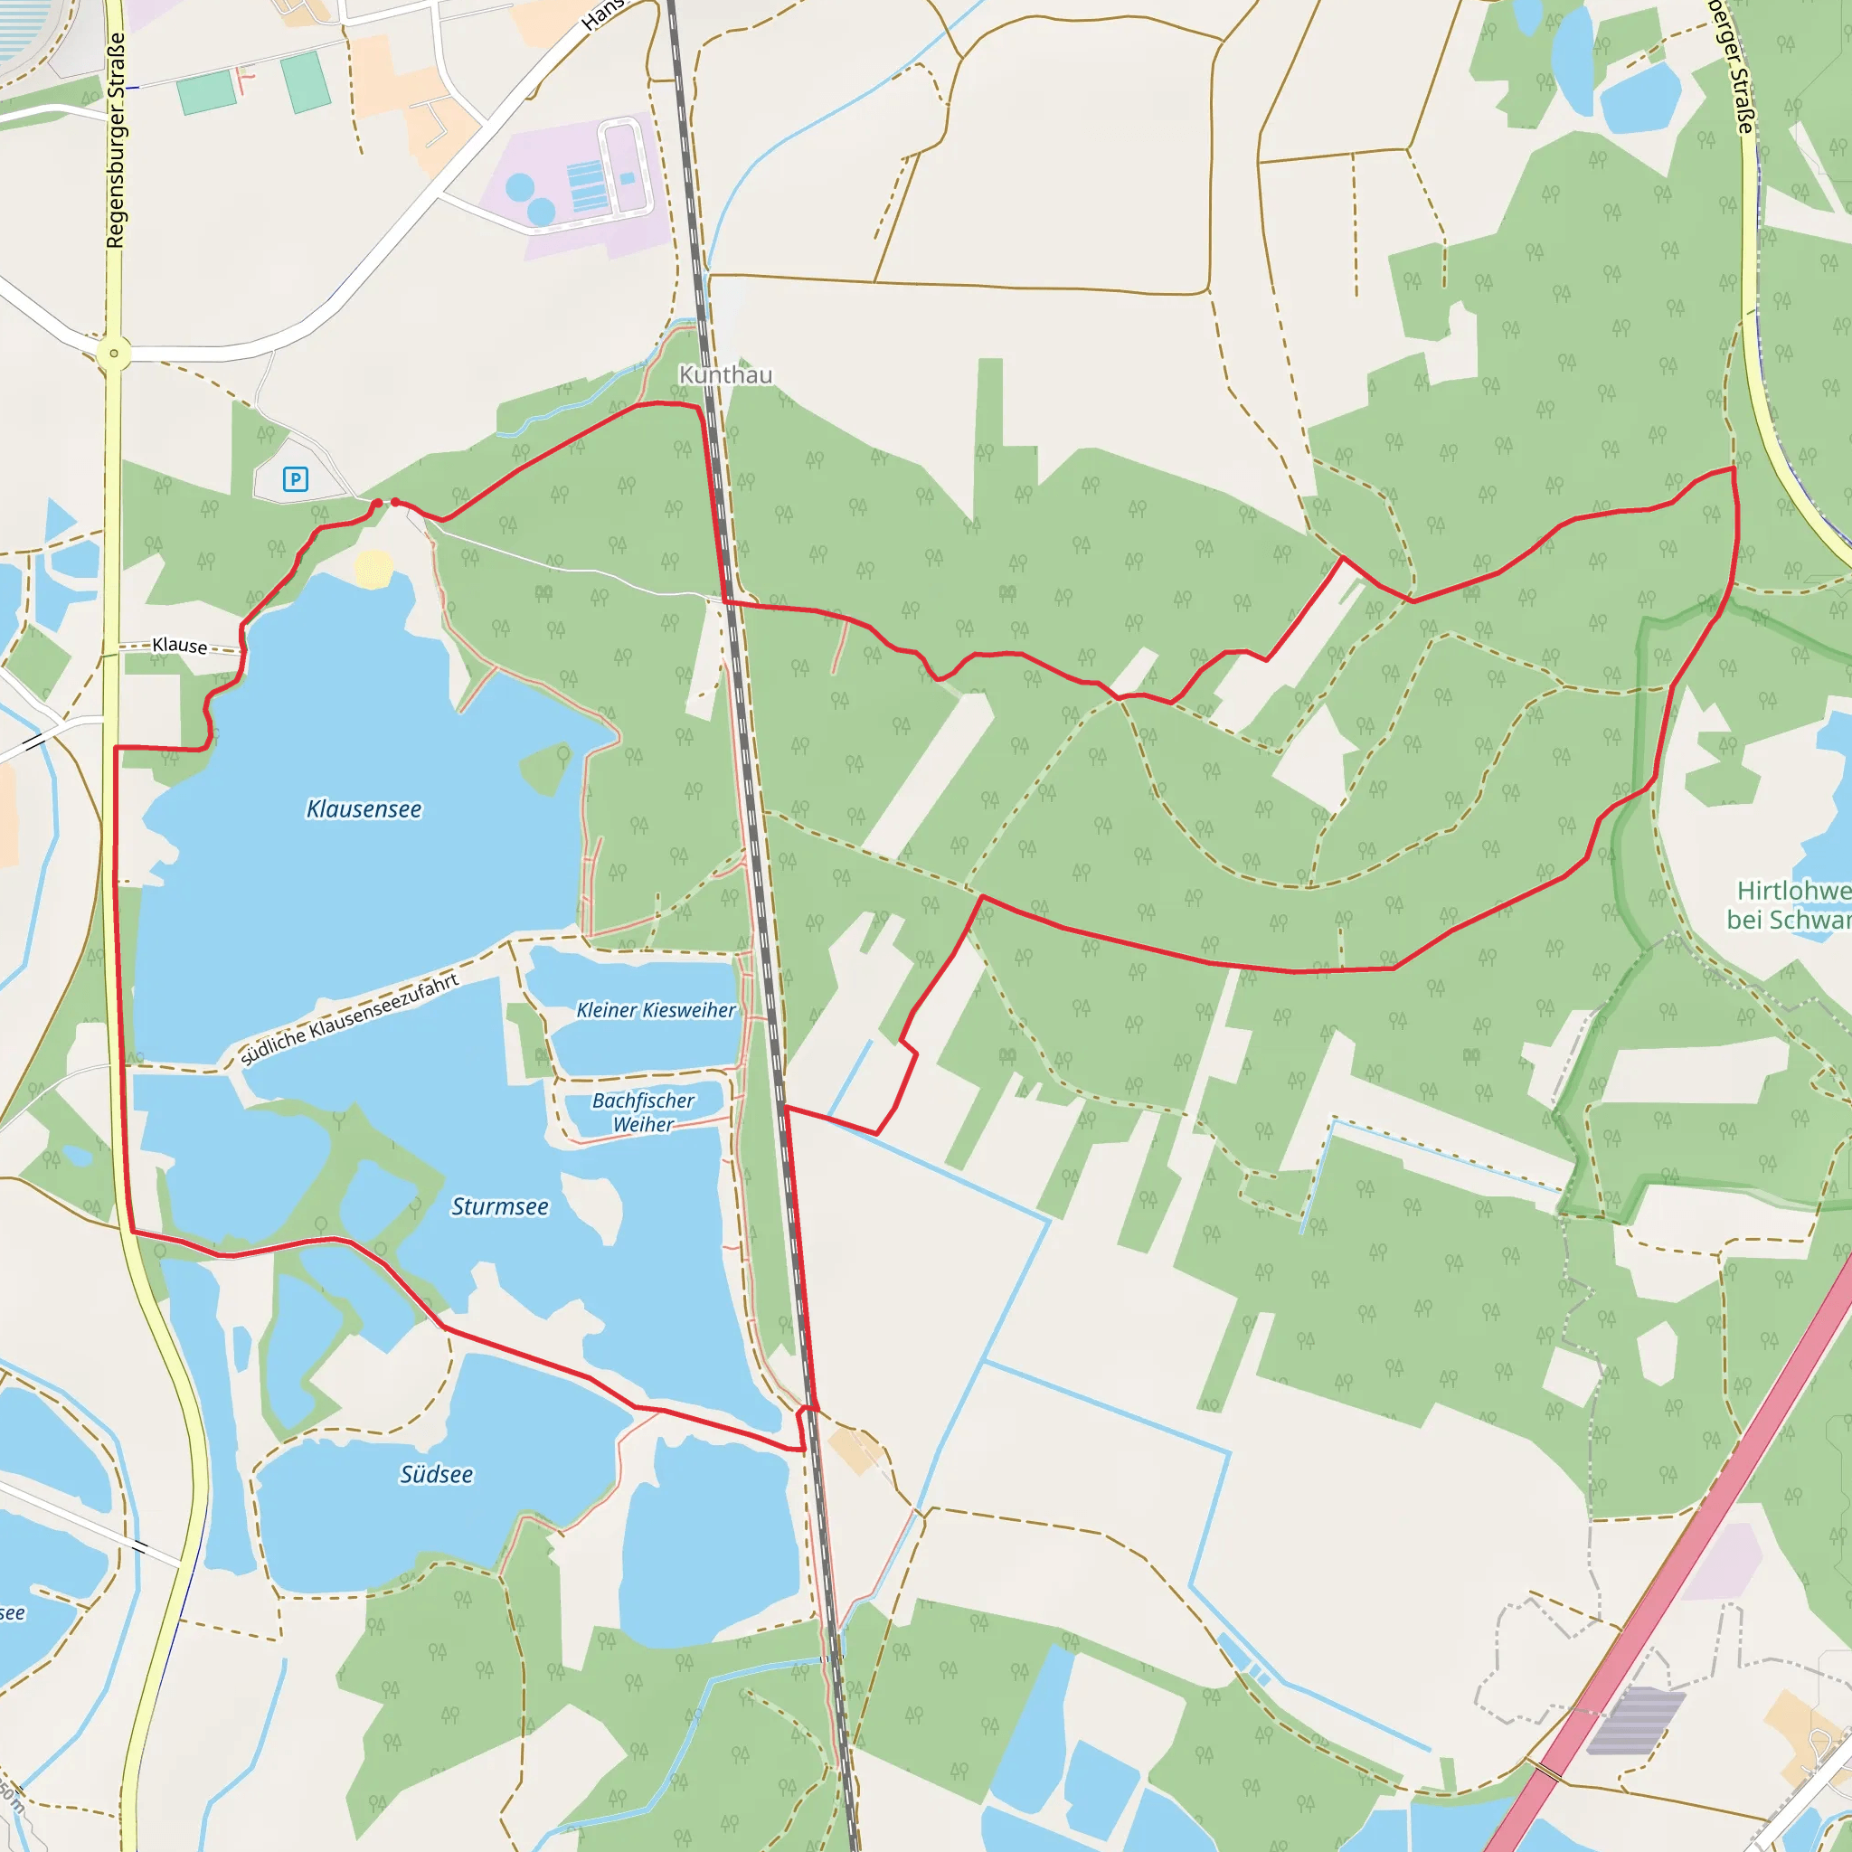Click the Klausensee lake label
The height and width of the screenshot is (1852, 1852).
pyautogui.click(x=364, y=809)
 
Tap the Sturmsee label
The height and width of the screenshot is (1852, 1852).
pyautogui.click(x=499, y=1206)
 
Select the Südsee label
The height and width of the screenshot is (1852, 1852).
pyautogui.click(x=436, y=1474)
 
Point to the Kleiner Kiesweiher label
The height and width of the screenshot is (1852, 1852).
pyautogui.click(x=656, y=1009)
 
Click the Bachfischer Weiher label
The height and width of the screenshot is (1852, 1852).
pyautogui.click(x=643, y=1112)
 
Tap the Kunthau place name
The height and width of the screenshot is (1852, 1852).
pyautogui.click(x=724, y=374)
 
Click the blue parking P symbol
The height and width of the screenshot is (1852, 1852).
pyautogui.click(x=295, y=479)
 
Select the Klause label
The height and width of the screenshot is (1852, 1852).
pyautogui.click(x=179, y=645)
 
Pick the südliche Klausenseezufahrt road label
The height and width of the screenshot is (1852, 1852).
pyautogui.click(x=350, y=1019)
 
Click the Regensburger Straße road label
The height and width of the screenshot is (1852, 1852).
pyautogui.click(x=116, y=141)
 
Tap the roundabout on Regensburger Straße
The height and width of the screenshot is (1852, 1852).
pyautogui.click(x=114, y=353)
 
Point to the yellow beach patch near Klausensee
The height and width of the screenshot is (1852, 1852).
pyautogui.click(x=373, y=568)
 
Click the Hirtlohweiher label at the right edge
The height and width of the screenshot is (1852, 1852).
pyautogui.click(x=1792, y=905)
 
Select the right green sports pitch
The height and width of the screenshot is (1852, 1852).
pyautogui.click(x=307, y=81)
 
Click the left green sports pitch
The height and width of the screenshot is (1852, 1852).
pyautogui.click(x=206, y=93)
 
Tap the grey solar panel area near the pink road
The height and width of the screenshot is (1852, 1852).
pyautogui.click(x=1635, y=1720)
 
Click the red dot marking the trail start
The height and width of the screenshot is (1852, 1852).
pyautogui.click(x=377, y=504)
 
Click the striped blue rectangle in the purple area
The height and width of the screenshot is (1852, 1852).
pyautogui.click(x=586, y=186)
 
